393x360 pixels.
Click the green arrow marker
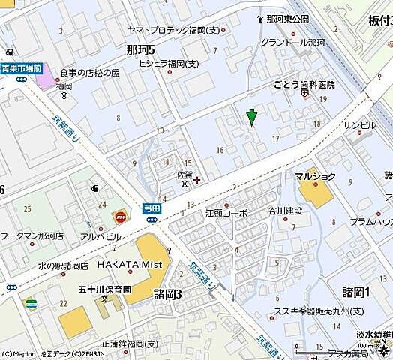point(252,116)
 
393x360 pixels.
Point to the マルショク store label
point(315,177)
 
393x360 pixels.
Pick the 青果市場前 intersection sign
point(20,67)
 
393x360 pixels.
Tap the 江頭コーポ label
point(226,214)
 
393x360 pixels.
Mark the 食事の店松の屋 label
point(89,73)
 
